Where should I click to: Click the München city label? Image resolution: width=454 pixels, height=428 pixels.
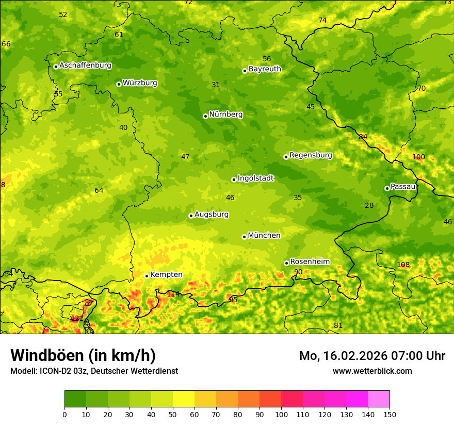pyautogui.click(x=264, y=236)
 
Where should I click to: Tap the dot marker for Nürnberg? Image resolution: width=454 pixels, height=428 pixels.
pyautogui.click(x=205, y=116)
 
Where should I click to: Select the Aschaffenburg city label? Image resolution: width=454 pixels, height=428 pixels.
pyautogui.click(x=85, y=65)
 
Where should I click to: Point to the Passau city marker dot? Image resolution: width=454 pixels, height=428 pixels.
pyautogui.click(x=387, y=188)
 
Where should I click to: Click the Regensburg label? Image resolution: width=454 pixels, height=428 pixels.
pyautogui.click(x=311, y=155)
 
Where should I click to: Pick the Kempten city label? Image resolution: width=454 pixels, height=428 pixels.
pyautogui.click(x=166, y=275)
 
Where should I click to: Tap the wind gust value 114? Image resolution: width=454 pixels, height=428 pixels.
pyautogui.click(x=173, y=294)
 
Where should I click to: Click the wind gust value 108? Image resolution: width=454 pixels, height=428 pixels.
pyautogui.click(x=403, y=265)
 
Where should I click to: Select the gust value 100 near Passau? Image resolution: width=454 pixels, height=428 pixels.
pyautogui.click(x=418, y=157)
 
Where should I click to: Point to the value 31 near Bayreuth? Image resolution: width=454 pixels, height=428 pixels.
pyautogui.click(x=216, y=85)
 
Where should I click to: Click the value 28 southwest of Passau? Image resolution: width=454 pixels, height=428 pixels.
pyautogui.click(x=369, y=206)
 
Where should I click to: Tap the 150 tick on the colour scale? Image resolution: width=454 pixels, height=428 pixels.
pyautogui.click(x=390, y=414)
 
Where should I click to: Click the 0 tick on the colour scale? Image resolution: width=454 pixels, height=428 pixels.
pyautogui.click(x=64, y=414)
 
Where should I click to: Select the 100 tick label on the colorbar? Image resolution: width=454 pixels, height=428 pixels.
pyautogui.click(x=281, y=414)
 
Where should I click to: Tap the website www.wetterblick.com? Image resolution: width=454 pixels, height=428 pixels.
pyautogui.click(x=372, y=371)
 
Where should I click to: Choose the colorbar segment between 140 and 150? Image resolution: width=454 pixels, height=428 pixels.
pyautogui.click(x=379, y=399)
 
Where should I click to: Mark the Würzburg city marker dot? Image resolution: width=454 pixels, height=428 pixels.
pyautogui.click(x=119, y=84)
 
